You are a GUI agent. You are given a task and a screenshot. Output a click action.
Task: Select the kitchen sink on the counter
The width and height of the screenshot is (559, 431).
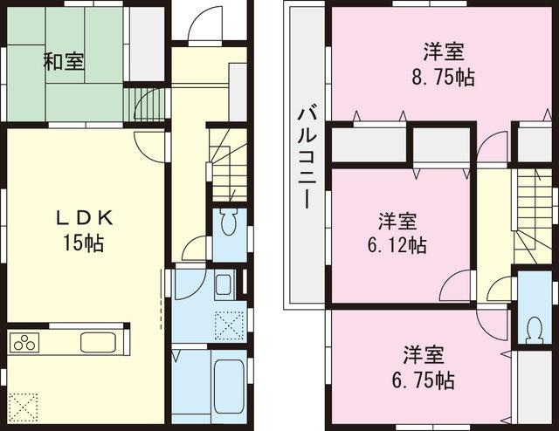(x=94, y=341)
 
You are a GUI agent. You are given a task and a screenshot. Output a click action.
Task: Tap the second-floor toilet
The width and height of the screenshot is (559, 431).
(x=532, y=324)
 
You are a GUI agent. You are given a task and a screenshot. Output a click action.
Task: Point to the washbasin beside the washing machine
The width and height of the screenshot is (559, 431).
(x=223, y=286)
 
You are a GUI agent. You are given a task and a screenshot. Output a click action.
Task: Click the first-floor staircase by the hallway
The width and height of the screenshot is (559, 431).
(x=227, y=166)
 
